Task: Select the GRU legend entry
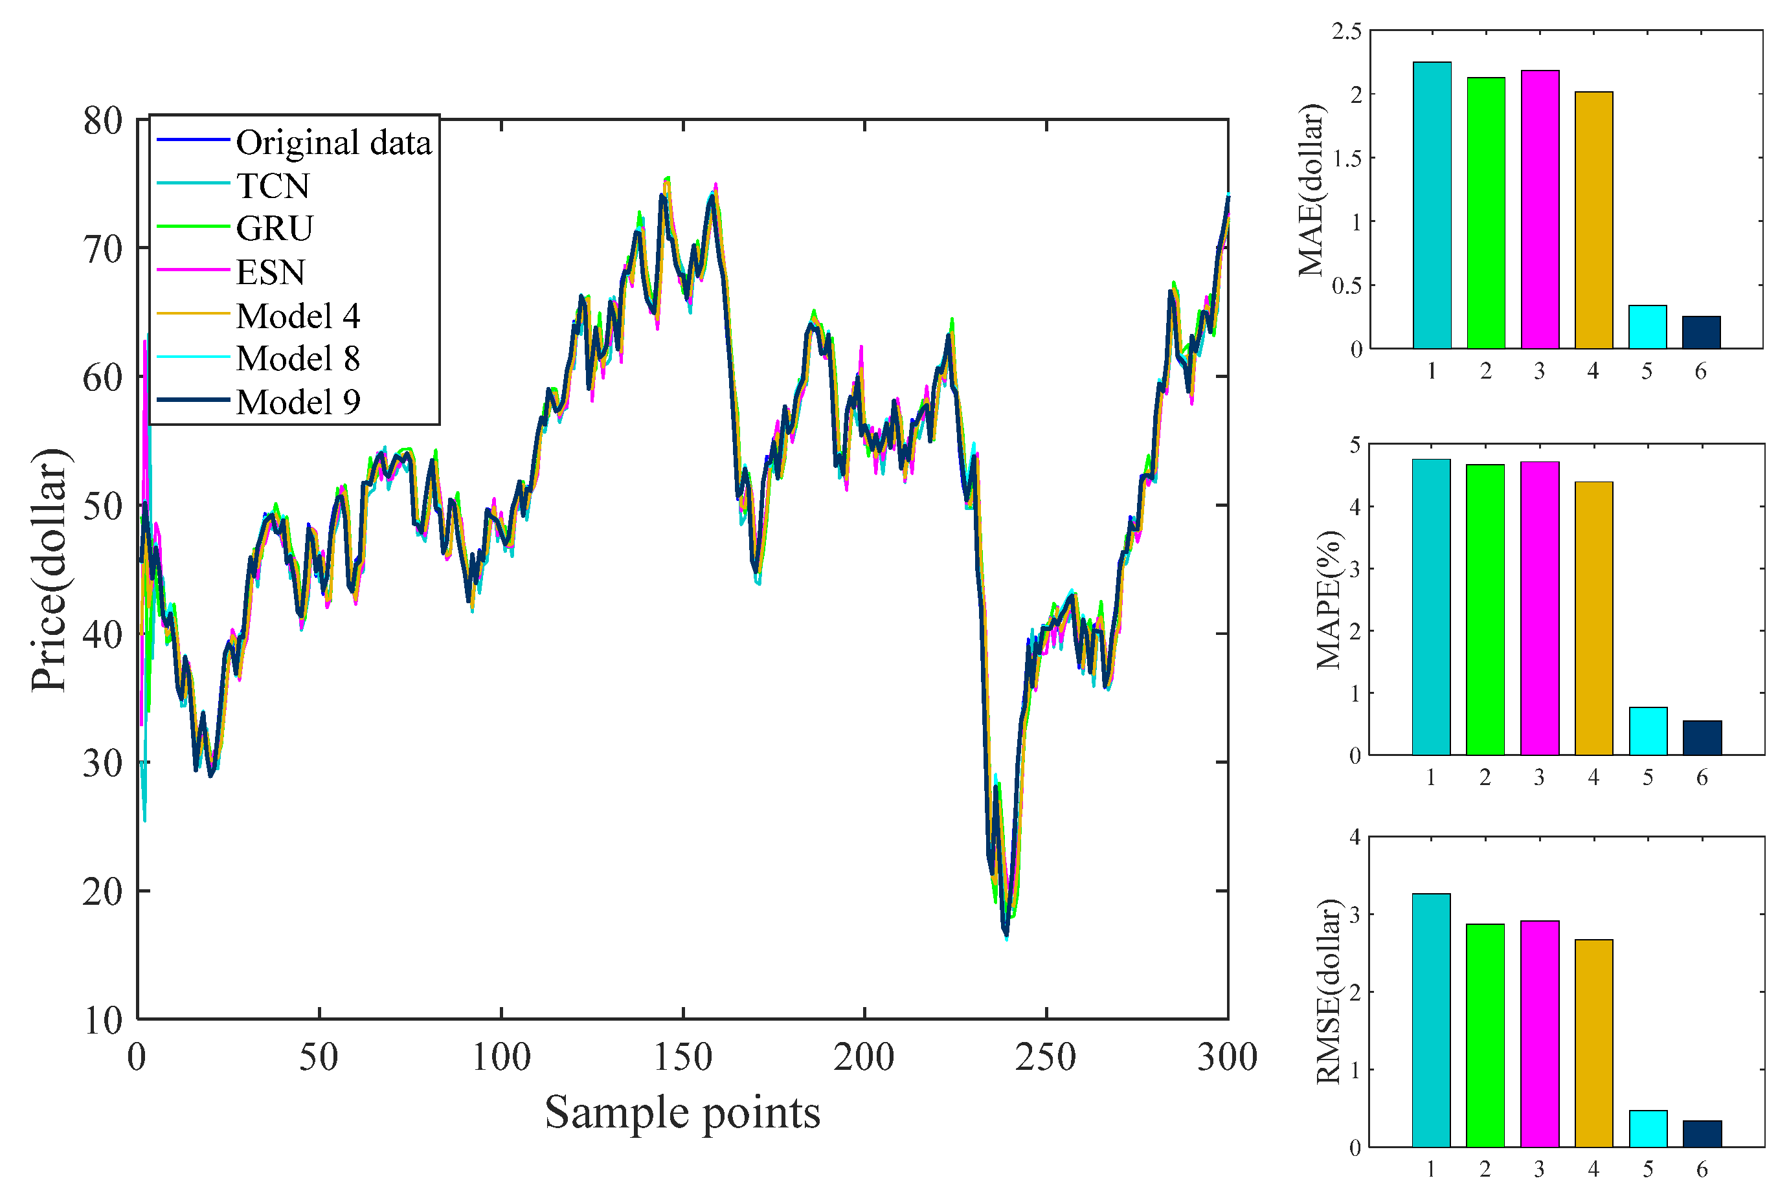275,228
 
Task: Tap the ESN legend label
271,272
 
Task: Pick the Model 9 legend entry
297,402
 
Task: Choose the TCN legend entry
272,186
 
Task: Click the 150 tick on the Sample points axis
682,1058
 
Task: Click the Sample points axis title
682,1113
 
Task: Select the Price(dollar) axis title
49,569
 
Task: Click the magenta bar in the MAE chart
1539,209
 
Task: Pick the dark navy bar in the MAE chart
1701,333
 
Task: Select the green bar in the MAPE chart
1485,610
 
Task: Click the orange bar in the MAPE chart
1593,618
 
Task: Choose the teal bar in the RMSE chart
1430,1020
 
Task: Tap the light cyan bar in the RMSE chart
1648,1129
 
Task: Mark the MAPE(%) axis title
1329,600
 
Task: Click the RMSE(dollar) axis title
1329,992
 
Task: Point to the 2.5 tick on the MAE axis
1347,31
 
